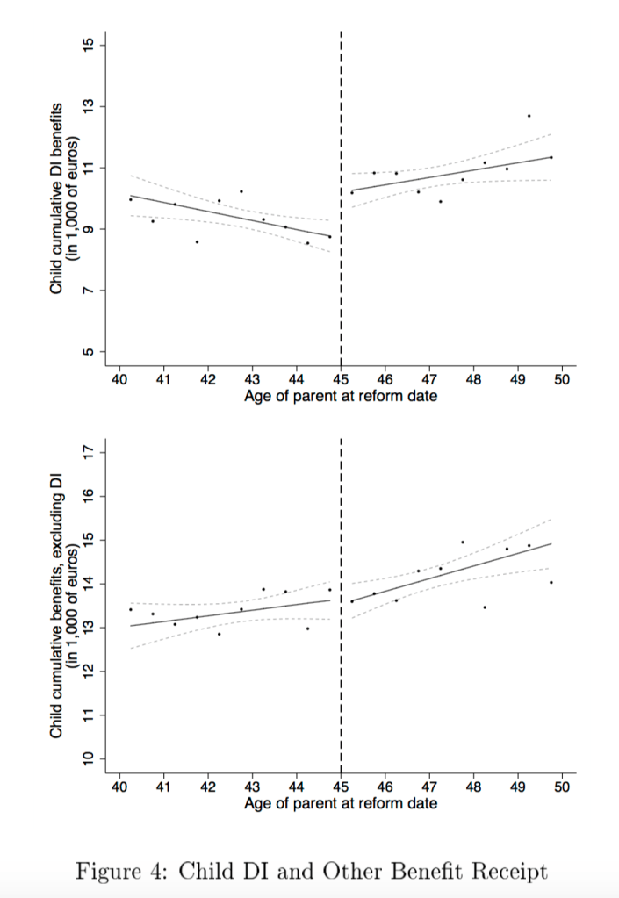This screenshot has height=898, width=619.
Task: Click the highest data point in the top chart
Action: coord(529,116)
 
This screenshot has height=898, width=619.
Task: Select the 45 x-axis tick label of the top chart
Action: coord(341,379)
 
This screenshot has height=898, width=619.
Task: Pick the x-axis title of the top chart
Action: coord(341,396)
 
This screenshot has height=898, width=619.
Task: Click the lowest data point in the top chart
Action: coord(197,241)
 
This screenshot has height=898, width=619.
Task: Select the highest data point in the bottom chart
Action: coord(463,542)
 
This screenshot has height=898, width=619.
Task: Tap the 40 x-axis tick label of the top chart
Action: coord(119,379)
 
